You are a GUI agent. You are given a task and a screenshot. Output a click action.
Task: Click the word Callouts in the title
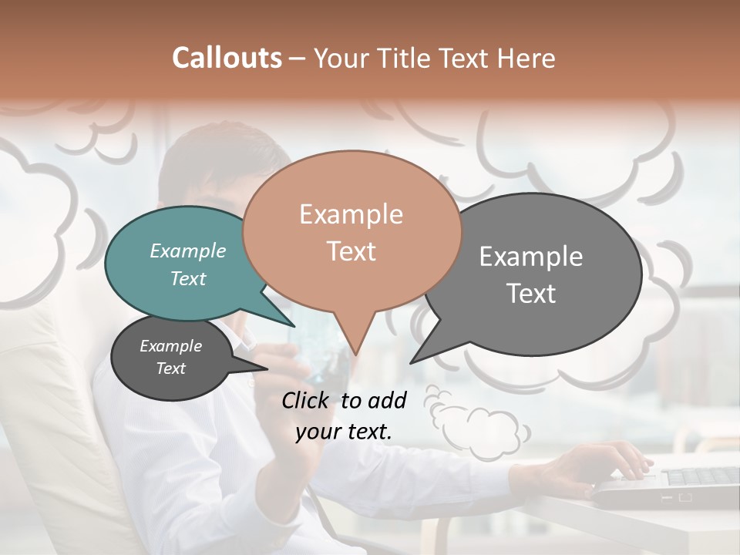(227, 58)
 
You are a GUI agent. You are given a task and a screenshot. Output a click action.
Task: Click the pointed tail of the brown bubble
(354, 339)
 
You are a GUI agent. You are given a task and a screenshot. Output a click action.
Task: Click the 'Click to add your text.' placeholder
(344, 415)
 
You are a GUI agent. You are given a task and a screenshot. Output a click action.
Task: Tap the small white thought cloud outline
(478, 424)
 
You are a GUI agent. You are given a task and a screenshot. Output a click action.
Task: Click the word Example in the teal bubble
(187, 251)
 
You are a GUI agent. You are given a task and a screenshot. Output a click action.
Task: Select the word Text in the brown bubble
(351, 251)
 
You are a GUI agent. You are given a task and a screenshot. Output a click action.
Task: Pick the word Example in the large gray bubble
(530, 256)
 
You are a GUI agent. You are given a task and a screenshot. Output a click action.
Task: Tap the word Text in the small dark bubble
(170, 368)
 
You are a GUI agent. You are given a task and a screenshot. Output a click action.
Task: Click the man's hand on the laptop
(609, 462)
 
